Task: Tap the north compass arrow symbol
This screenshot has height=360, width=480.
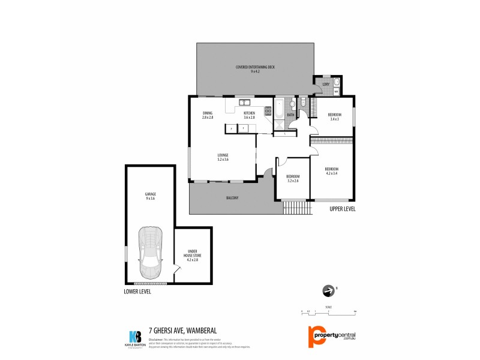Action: point(328,290)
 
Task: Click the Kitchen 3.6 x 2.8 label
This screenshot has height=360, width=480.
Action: point(248,115)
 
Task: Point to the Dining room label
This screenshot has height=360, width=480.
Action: point(207,115)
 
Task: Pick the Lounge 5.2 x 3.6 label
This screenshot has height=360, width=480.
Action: point(223,158)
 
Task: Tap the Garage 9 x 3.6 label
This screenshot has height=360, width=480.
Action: point(150,196)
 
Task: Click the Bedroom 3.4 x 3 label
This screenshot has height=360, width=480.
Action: point(334,117)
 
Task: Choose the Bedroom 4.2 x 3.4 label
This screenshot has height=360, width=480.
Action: point(332,170)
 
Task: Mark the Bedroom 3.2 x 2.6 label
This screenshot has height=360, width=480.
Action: point(293,178)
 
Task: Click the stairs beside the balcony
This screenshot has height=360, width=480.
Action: point(298,208)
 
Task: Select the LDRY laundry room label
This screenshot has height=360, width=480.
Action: point(326,85)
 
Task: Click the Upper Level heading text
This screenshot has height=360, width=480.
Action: point(343,209)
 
